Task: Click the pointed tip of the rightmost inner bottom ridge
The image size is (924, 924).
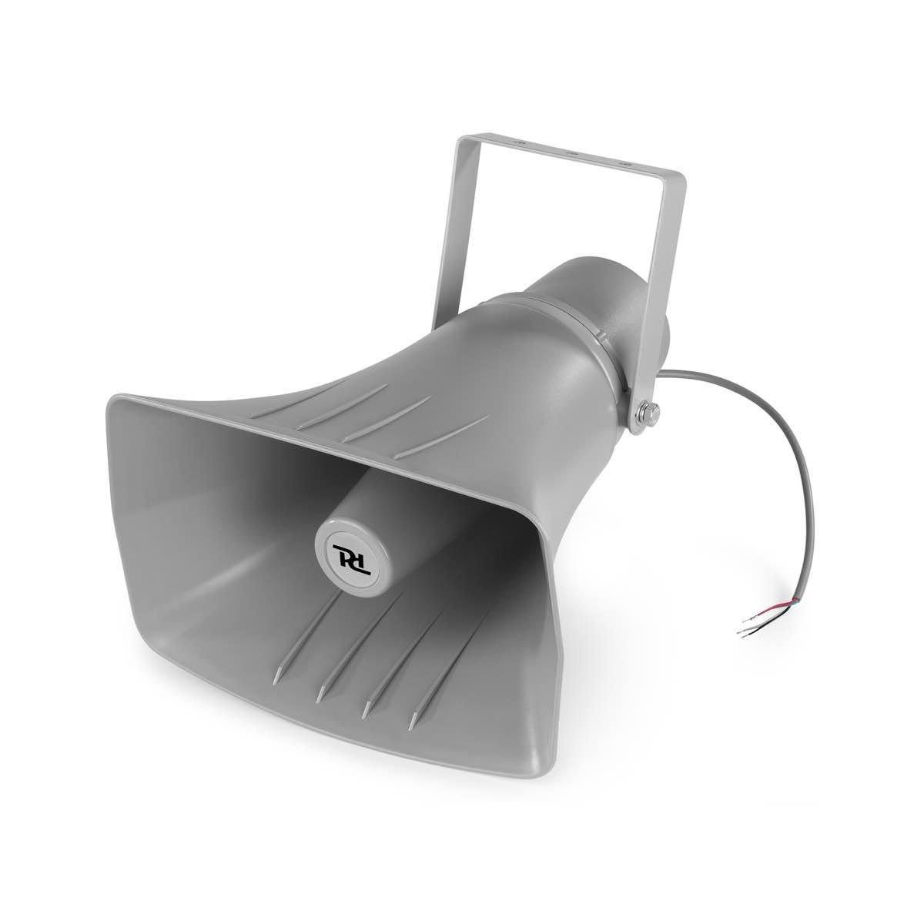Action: click(413, 725)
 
